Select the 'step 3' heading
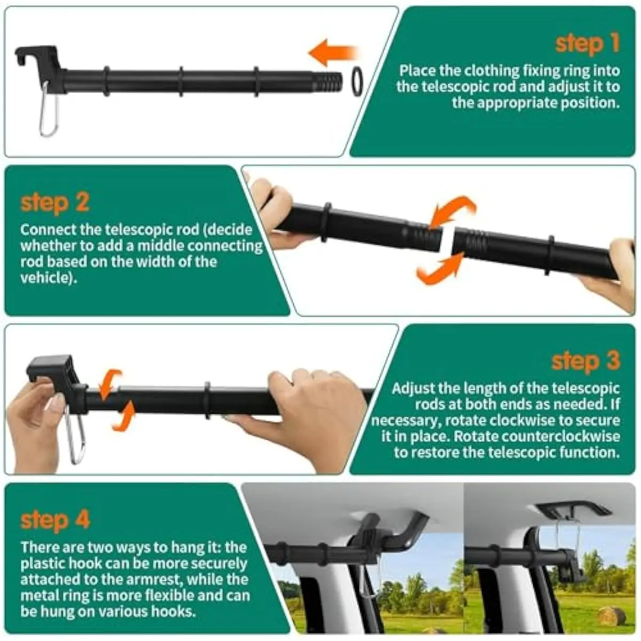586,361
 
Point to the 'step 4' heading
55,520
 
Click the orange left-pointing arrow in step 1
333,53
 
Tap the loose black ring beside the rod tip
357,81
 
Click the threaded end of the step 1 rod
327,82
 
